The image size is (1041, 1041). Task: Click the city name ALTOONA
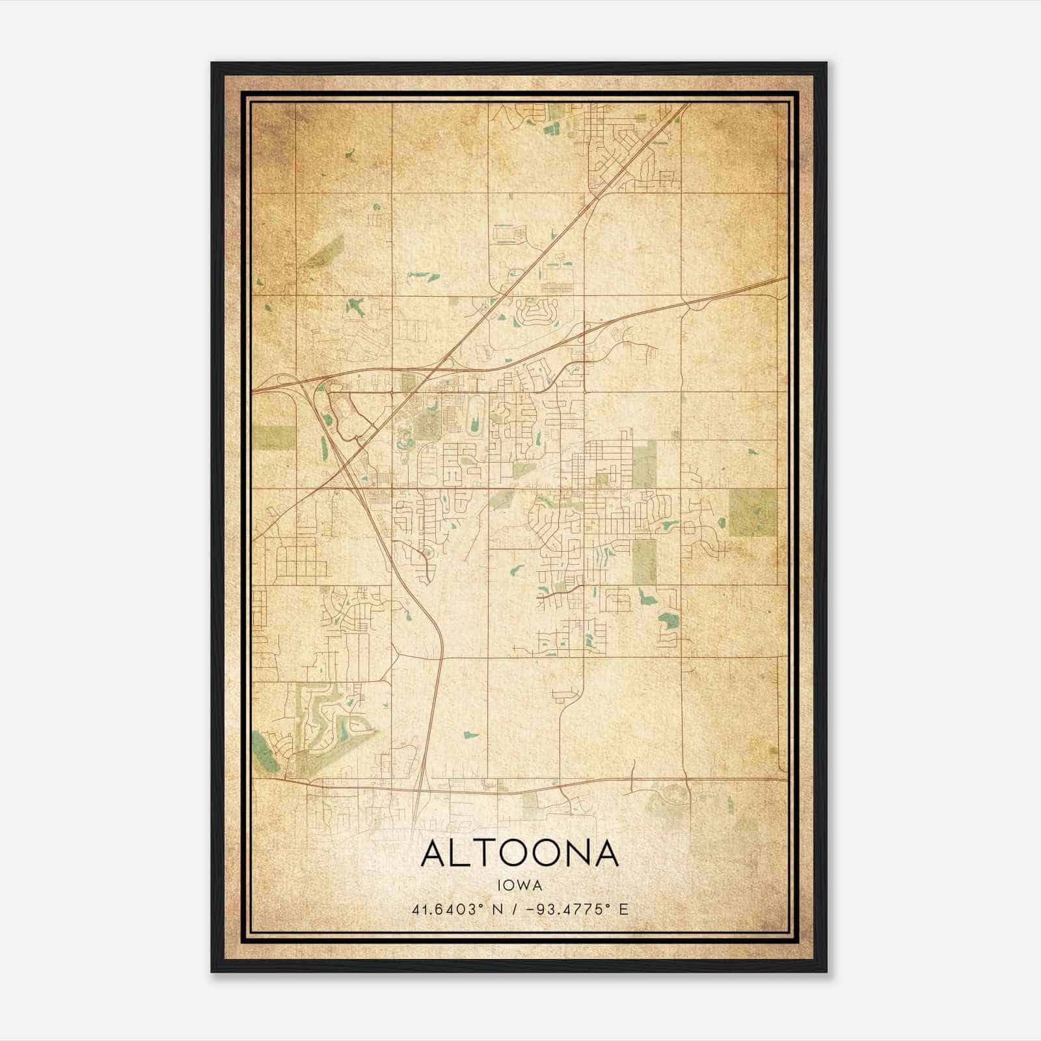coord(519,854)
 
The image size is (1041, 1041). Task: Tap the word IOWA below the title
coord(519,886)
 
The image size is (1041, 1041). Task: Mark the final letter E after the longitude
coord(624,909)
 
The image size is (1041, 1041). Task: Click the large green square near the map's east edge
coord(752,513)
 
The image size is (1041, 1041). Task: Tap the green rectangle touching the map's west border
coord(273,438)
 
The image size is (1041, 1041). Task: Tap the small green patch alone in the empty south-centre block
coord(470,736)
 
